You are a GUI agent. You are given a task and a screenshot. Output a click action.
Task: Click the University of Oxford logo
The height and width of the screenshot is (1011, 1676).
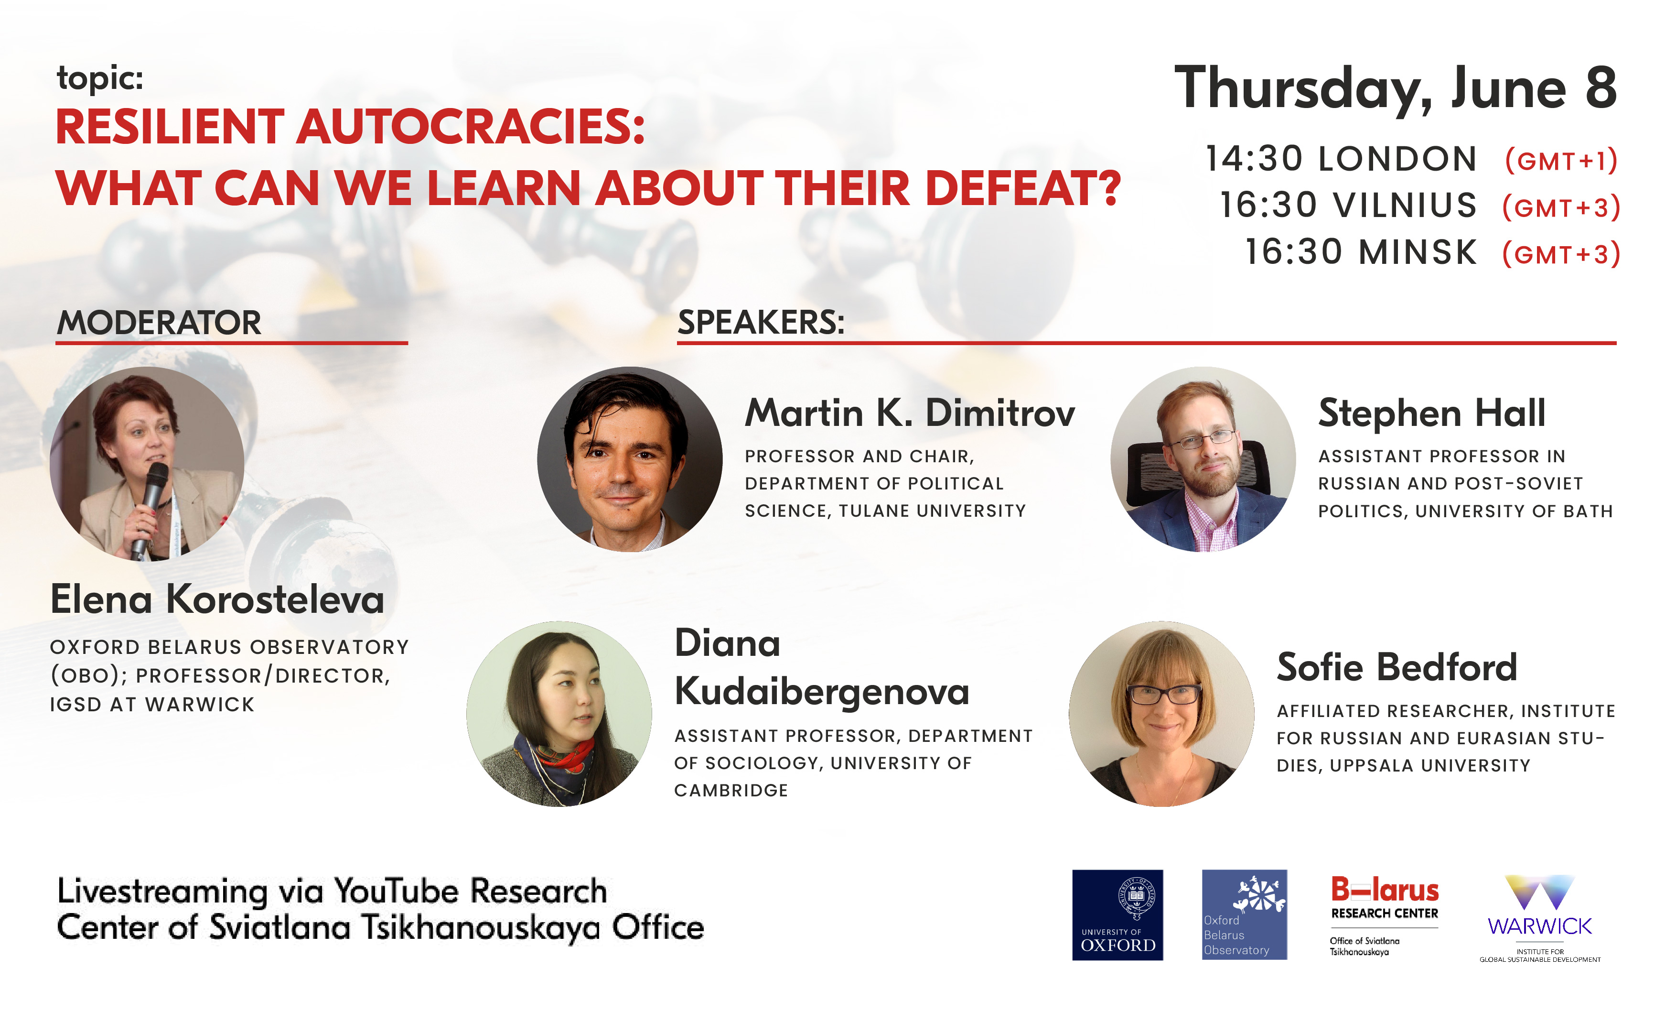(1117, 914)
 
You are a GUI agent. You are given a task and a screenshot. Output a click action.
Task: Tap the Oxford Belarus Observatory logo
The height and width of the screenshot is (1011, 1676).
(1244, 914)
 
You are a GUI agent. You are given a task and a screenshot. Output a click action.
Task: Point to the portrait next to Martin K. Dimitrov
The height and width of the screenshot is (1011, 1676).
(630, 459)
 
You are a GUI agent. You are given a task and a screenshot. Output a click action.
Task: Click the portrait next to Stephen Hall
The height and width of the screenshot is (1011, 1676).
(1203, 459)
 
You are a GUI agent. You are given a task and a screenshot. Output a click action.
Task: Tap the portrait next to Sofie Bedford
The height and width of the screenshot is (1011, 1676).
(1162, 714)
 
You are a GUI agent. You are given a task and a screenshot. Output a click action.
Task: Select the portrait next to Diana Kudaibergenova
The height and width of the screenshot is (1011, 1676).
(559, 714)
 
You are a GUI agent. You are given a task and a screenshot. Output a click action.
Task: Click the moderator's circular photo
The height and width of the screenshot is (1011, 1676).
(147, 464)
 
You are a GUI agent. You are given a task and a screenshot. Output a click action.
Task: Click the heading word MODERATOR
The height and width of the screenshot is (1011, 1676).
(159, 323)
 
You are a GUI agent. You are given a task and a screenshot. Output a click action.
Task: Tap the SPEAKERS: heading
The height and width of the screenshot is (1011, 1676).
(761, 323)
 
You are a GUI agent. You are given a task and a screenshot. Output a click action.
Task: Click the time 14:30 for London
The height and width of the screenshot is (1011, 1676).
(1254, 159)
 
